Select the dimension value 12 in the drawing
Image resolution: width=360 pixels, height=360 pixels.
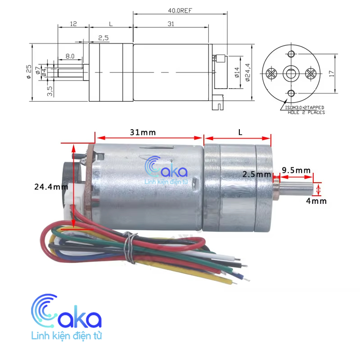pos(73,23)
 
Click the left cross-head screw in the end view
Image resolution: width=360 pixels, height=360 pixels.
pos(271,73)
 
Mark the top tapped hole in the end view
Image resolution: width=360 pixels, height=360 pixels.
pos(291,54)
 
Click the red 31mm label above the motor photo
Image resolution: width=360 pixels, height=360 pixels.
pos(143,133)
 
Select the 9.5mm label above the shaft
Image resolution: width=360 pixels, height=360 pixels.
pos(296,170)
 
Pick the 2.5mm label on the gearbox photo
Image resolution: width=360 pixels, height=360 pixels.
pos(256,174)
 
